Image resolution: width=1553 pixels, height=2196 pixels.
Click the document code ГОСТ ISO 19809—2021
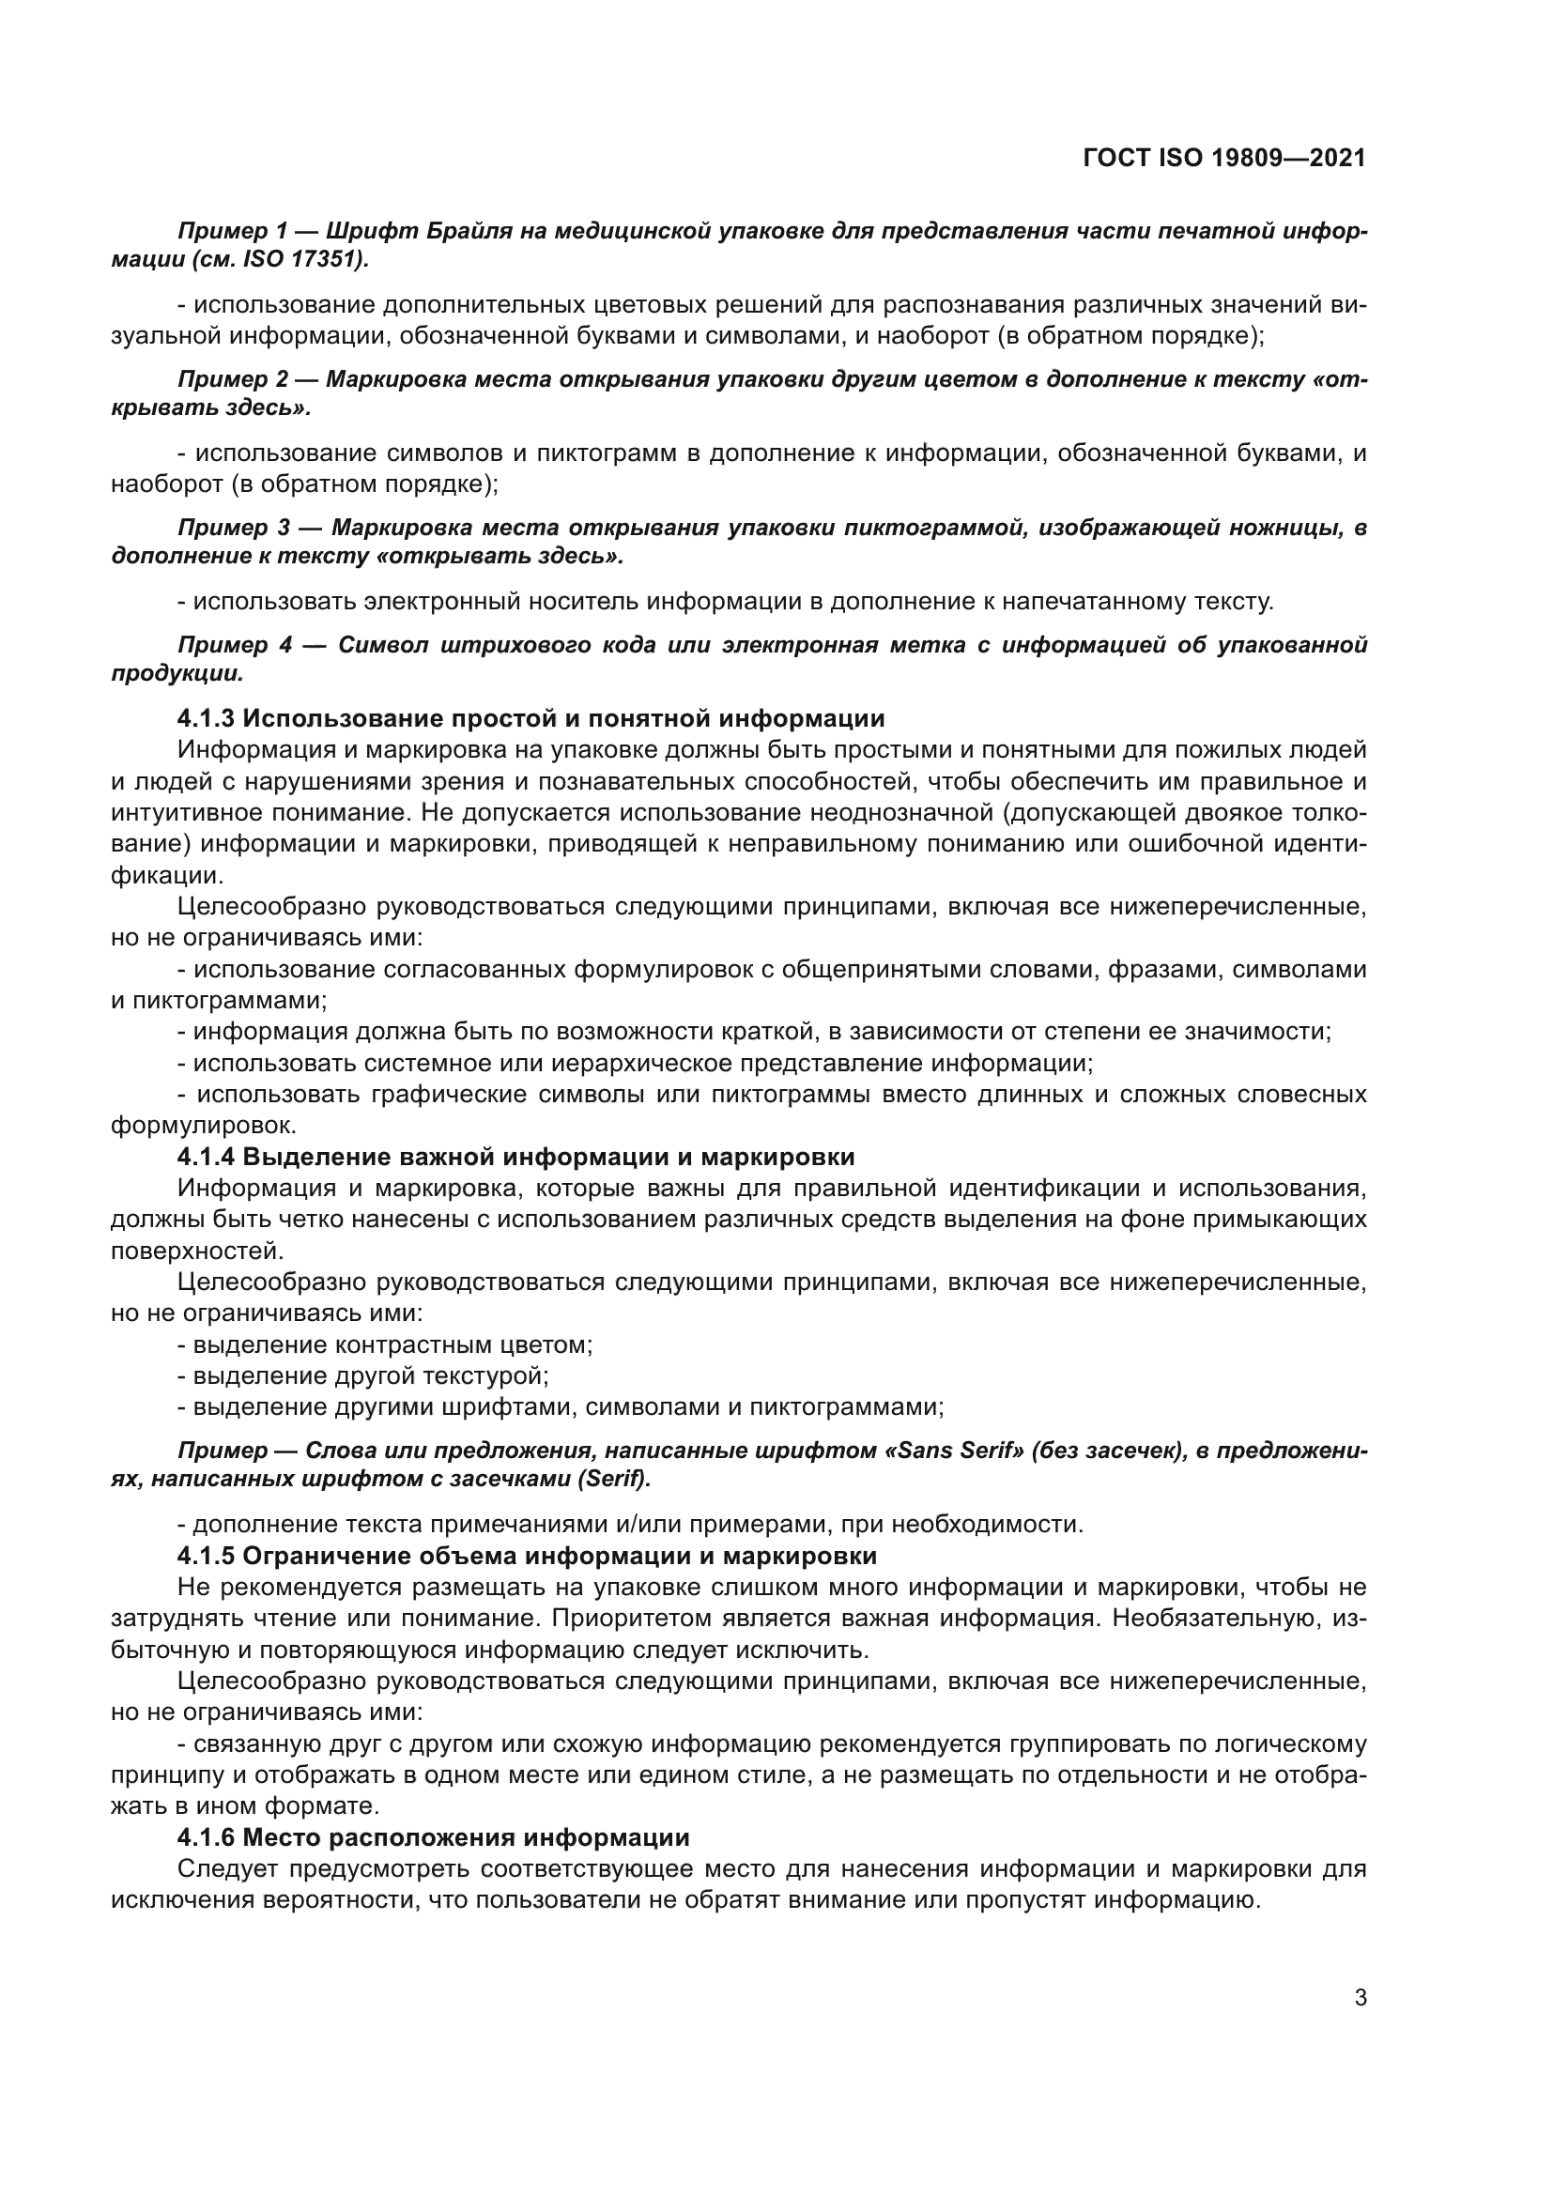(x=1224, y=159)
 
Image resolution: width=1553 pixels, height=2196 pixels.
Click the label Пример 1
(x=232, y=231)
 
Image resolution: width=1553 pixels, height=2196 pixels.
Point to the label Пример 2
(x=232, y=378)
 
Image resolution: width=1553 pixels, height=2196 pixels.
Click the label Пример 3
(x=232, y=527)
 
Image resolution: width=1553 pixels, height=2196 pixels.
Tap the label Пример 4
(x=232, y=645)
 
